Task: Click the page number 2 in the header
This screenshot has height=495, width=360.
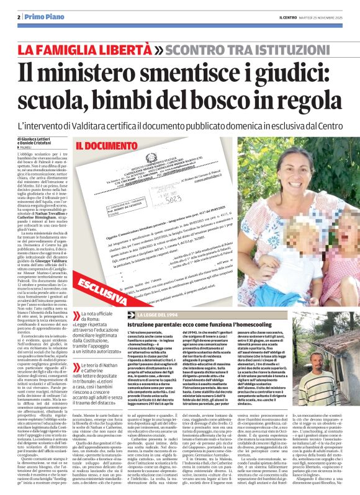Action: [x=19, y=17]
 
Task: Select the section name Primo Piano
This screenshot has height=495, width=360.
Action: [x=43, y=17]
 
